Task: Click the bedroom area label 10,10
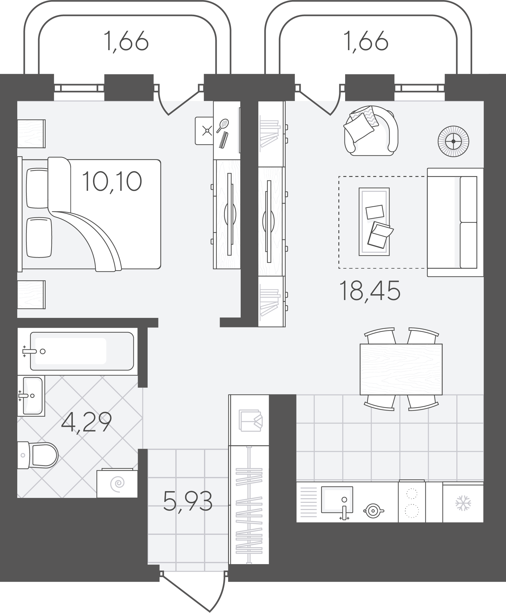pos(112,181)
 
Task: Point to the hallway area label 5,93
pos(188,501)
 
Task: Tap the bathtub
pos(82,351)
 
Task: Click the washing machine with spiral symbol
pos(117,483)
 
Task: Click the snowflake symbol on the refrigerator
pos(463,503)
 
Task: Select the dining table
pos(401,369)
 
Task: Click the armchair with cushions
pos(371,131)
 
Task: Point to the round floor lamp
pos(453,141)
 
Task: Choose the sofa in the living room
pos(455,222)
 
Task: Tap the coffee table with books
pos(374,222)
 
